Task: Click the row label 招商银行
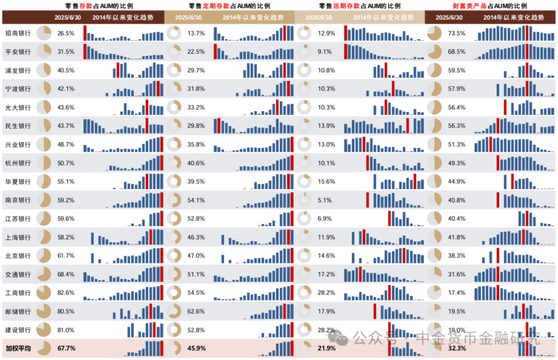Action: [x=18, y=33]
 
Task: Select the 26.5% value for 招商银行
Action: [x=66, y=33]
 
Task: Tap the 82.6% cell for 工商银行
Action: [x=66, y=293]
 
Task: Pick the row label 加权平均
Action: [x=18, y=349]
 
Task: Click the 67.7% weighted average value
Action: [x=66, y=349]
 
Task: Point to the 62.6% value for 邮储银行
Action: [x=196, y=311]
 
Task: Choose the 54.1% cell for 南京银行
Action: [x=196, y=200]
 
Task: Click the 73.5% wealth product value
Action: [x=457, y=33]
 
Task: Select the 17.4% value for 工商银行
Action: [x=457, y=293]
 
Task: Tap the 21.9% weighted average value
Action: [x=327, y=349]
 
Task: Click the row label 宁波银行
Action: [x=18, y=89]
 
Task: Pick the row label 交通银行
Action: [x=18, y=274]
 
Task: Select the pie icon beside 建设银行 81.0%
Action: [x=44, y=330]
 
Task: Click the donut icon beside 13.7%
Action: [x=174, y=33]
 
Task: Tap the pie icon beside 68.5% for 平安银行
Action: [x=435, y=52]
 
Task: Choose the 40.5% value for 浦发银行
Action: [x=66, y=70]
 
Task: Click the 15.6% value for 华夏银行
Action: [x=327, y=181]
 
